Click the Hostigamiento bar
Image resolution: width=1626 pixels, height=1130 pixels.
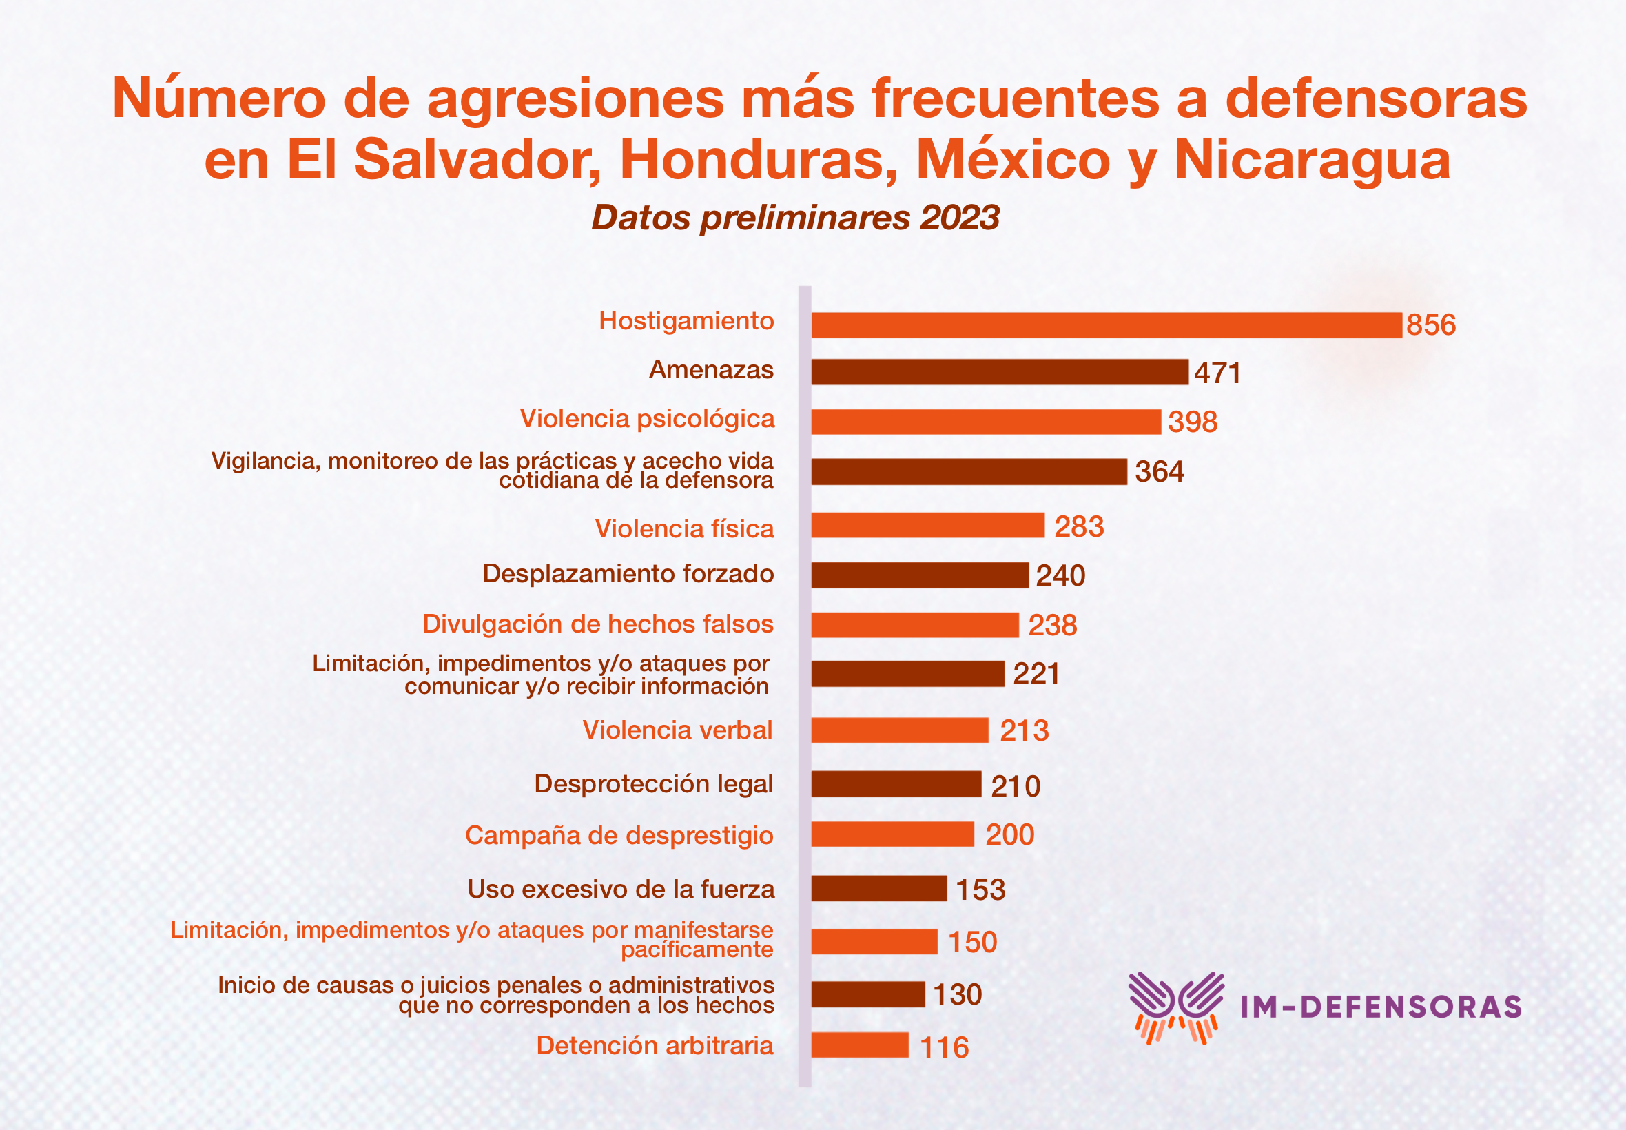[x=1106, y=325]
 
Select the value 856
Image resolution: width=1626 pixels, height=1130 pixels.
[x=1430, y=325]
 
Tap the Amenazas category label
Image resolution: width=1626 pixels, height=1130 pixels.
[x=711, y=369]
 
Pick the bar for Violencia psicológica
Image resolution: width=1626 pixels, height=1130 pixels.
[x=985, y=421]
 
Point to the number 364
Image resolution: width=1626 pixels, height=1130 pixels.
[x=1159, y=471]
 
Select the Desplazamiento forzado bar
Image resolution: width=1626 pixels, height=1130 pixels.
[x=919, y=575]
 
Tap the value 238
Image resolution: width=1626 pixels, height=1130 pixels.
[x=1052, y=625]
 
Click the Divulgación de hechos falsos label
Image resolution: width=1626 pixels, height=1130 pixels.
[x=597, y=624]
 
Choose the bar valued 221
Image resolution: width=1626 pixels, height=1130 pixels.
[x=907, y=673]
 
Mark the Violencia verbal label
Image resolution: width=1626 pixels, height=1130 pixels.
[x=677, y=730]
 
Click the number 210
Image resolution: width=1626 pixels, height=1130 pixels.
[x=1015, y=786]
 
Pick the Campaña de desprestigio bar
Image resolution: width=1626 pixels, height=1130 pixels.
[x=892, y=834]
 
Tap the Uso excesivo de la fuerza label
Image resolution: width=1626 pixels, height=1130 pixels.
[x=620, y=890]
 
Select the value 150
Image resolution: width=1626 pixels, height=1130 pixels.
[x=972, y=943]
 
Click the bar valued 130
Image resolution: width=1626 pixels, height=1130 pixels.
[x=867, y=994]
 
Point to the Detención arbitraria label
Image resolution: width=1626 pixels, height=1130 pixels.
[x=654, y=1046]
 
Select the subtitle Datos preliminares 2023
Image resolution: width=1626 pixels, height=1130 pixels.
[x=795, y=217]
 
